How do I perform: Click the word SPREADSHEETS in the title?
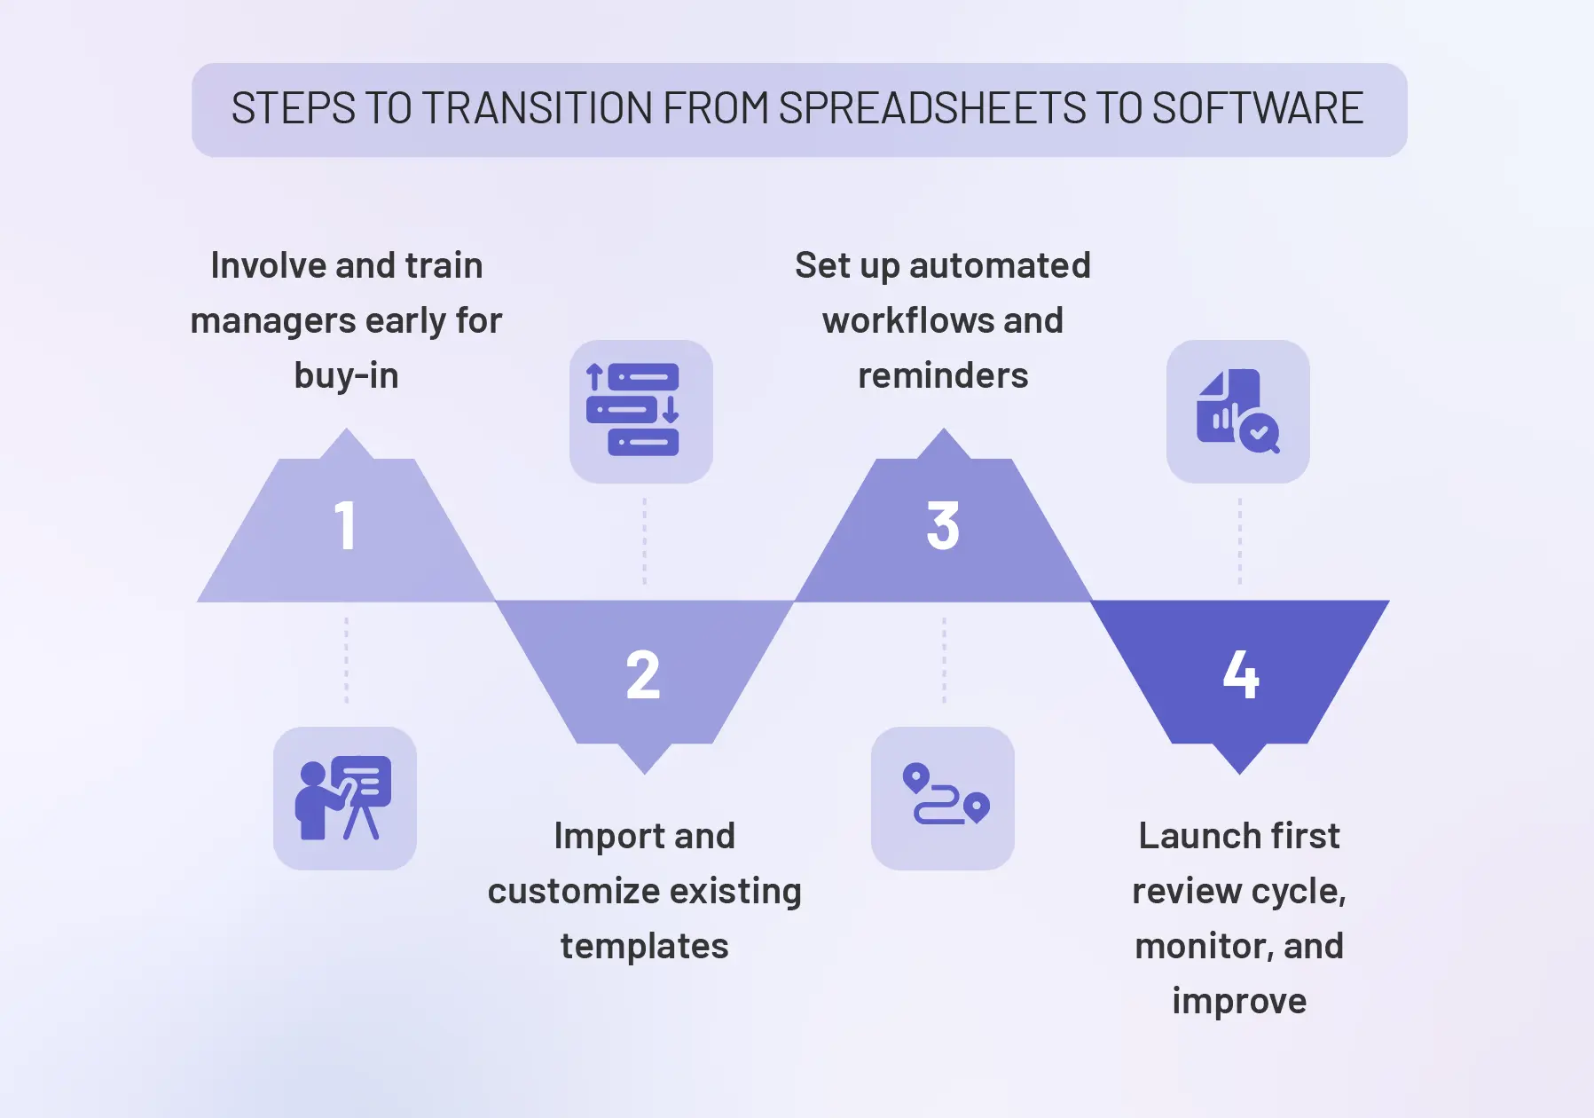(x=931, y=109)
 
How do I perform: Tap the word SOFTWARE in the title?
(x=1257, y=109)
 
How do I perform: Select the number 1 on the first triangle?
(x=345, y=526)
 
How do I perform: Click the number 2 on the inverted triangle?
(x=643, y=675)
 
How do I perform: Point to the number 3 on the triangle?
(x=943, y=526)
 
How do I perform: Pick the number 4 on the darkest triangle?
(x=1240, y=675)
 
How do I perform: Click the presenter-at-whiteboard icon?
(x=344, y=798)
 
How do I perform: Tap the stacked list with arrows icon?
(x=640, y=411)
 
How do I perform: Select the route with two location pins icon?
(x=943, y=798)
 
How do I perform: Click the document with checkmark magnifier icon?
(x=1237, y=411)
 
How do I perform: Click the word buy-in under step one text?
(x=346, y=375)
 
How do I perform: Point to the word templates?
(x=644, y=946)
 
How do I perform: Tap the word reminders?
(x=943, y=375)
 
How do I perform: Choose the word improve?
(x=1239, y=1001)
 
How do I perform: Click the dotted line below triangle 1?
(x=346, y=660)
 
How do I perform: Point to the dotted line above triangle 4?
(x=1239, y=541)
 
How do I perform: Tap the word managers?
(x=272, y=320)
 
